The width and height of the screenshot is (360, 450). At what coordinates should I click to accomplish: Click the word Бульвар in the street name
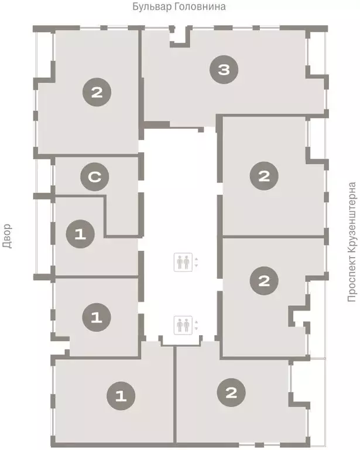(152, 6)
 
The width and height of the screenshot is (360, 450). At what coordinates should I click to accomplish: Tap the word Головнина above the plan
(200, 6)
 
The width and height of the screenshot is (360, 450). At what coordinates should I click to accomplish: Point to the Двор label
(7, 236)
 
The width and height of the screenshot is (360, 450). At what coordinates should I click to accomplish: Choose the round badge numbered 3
(224, 70)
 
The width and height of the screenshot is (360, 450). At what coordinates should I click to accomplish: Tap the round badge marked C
(95, 177)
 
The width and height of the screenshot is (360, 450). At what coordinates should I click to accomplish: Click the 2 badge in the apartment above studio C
(97, 92)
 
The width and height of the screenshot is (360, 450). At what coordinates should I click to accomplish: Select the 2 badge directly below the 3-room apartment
(264, 176)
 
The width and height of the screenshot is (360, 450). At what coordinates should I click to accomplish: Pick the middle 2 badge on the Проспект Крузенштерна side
(264, 281)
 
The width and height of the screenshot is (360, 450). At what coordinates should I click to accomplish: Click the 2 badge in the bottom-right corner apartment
(231, 393)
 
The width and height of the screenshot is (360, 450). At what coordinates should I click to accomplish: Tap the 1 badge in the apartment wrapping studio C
(80, 234)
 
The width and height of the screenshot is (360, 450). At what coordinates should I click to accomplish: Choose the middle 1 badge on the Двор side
(97, 317)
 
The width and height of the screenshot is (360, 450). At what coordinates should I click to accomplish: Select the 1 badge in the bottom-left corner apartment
(121, 396)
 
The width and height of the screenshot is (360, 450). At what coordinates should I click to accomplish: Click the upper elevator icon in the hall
(183, 262)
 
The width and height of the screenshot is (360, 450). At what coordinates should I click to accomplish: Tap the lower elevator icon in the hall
(183, 325)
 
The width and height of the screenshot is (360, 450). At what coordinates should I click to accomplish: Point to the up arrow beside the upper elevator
(196, 259)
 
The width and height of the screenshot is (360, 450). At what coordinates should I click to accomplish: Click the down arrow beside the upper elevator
(196, 266)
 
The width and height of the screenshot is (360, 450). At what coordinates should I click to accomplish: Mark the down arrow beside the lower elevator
(196, 328)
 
